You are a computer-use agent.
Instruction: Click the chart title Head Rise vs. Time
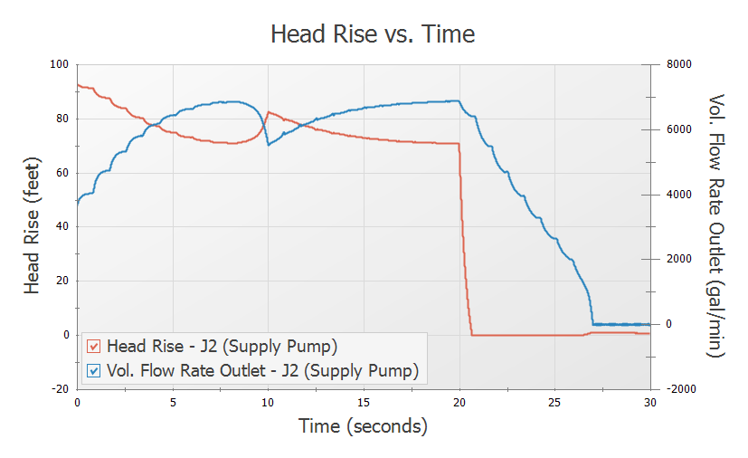pos(373,34)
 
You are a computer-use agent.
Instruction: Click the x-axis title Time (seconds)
pos(363,425)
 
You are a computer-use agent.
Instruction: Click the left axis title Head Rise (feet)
pos(33,226)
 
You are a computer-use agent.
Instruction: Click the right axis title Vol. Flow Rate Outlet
pos(717,226)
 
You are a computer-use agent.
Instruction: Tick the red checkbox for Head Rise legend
pos(93,347)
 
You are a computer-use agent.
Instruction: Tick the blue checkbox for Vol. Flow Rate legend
pos(93,370)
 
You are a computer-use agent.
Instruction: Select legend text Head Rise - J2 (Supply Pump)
pos(222,347)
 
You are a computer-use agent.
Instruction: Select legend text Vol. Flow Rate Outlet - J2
pos(262,370)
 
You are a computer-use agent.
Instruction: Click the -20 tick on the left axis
pos(59,388)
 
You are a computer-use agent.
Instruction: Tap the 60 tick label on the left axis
pos(62,172)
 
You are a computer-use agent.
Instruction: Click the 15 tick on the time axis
pos(364,402)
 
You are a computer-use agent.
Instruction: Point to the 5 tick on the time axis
pos(173,402)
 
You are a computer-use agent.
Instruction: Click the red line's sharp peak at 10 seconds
pos(269,112)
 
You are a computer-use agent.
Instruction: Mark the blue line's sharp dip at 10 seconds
pos(269,145)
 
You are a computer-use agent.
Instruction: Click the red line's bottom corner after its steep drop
pos(472,335)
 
